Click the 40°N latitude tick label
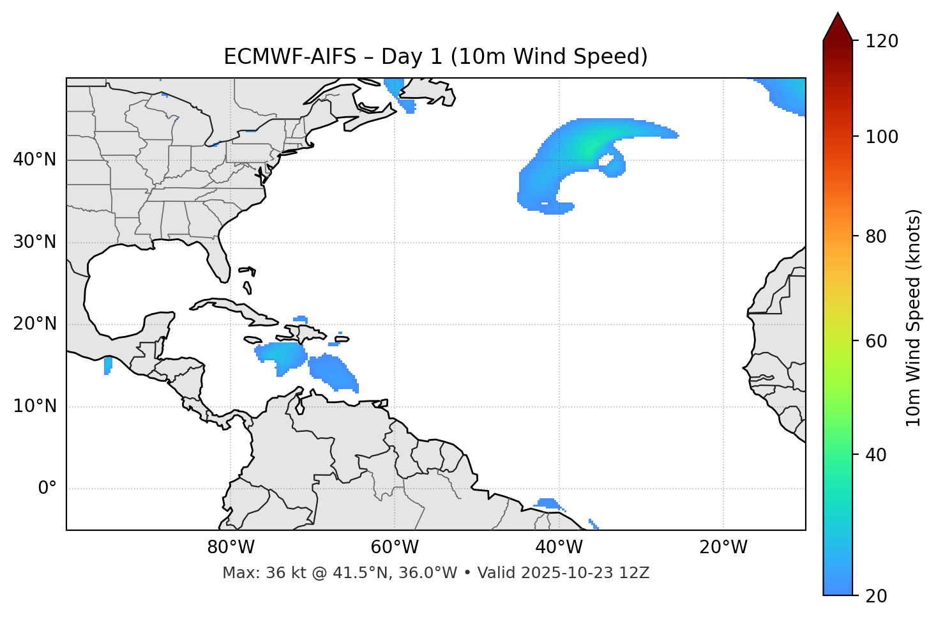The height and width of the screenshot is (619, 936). click(x=34, y=160)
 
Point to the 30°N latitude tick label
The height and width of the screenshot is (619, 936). click(x=34, y=242)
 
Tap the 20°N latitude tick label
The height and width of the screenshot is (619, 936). click(x=34, y=324)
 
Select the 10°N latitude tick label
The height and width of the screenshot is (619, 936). click(x=34, y=406)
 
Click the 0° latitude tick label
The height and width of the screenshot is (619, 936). click(x=47, y=489)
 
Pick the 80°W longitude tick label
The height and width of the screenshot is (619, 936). click(x=230, y=547)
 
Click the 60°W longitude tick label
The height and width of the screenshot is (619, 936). click(x=395, y=547)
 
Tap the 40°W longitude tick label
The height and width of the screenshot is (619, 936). click(x=559, y=547)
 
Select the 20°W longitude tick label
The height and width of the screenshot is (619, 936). click(x=723, y=547)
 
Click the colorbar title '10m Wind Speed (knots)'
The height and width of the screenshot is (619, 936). click(x=914, y=318)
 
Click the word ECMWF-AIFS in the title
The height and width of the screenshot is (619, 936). click(x=289, y=57)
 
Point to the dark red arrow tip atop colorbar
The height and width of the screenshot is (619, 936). click(x=837, y=26)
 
